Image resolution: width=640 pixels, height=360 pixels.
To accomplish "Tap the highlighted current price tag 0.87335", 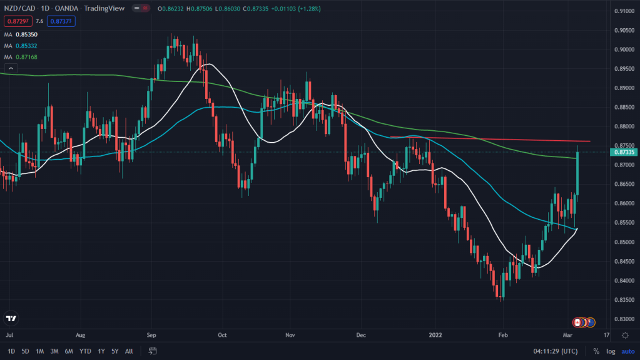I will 624,152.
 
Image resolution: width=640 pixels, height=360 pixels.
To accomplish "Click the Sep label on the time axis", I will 152,335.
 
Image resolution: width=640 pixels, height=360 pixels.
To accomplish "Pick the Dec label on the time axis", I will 361,335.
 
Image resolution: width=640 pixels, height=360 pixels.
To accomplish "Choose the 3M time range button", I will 54,351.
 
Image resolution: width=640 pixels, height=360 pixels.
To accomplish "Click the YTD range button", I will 84,351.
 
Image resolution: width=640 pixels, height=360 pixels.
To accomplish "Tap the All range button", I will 129,351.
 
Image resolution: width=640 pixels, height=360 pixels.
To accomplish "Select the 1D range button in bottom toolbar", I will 11,351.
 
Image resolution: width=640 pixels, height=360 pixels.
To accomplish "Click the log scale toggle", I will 610,351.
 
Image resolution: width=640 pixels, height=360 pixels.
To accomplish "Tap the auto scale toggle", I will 627,351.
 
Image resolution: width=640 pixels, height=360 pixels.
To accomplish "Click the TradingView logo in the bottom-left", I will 11,318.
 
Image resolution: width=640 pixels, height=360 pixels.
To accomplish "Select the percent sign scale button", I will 596,351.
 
